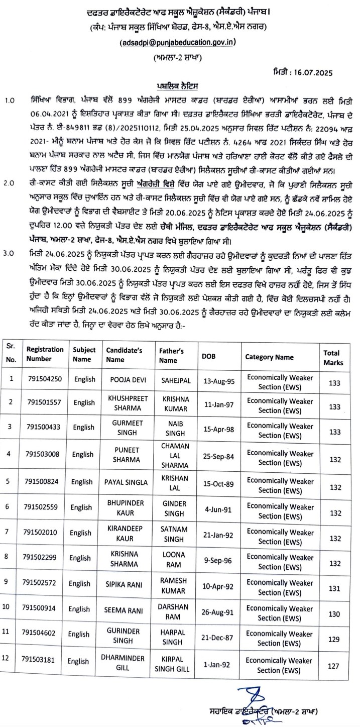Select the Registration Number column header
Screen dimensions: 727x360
45,354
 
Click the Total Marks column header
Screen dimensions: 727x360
331,357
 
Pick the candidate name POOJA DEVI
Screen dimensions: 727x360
124,380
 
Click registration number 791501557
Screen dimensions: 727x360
44,402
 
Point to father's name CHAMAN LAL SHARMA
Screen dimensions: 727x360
175,454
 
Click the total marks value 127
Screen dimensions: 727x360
333,665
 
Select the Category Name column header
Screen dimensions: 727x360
269,357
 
